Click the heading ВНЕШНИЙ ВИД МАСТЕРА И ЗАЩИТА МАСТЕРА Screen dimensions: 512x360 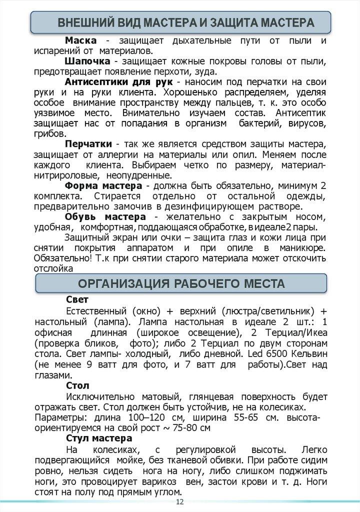point(185,23)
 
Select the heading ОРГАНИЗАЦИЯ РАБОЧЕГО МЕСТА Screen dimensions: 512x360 point(181,284)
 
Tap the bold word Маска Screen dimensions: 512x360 point(81,40)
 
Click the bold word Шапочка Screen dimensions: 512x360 point(87,61)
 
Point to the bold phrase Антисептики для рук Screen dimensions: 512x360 point(119,82)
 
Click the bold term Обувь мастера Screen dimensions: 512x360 point(105,217)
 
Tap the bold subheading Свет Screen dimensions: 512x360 point(77,300)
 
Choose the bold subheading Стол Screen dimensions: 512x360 point(77,386)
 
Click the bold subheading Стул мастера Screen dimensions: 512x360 point(98,438)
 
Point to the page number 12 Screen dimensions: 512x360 point(180,501)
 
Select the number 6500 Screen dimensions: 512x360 point(273,354)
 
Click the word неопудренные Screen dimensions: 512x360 point(139,175)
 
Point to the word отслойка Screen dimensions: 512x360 point(53,268)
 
